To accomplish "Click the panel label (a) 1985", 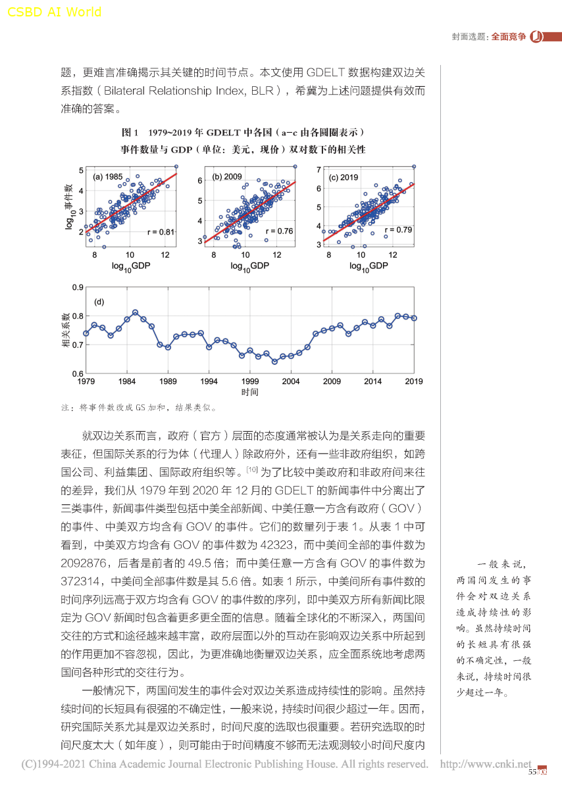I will pyautogui.click(x=107, y=177).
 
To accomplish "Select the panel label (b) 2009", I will pyautogui.click(x=228, y=177).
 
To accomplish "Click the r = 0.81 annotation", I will pyautogui.click(x=161, y=231).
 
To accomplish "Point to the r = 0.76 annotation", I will pyautogui.click(x=279, y=231).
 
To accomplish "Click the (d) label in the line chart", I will pyautogui.click(x=100, y=302).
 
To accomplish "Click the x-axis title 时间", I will pyautogui.click(x=249, y=393).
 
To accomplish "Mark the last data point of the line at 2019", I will pyautogui.click(x=414, y=318).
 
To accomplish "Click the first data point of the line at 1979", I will pyautogui.click(x=86, y=333).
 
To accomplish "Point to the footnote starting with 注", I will pyautogui.click(x=139, y=408).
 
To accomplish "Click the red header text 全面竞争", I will pyautogui.click(x=509, y=37).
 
